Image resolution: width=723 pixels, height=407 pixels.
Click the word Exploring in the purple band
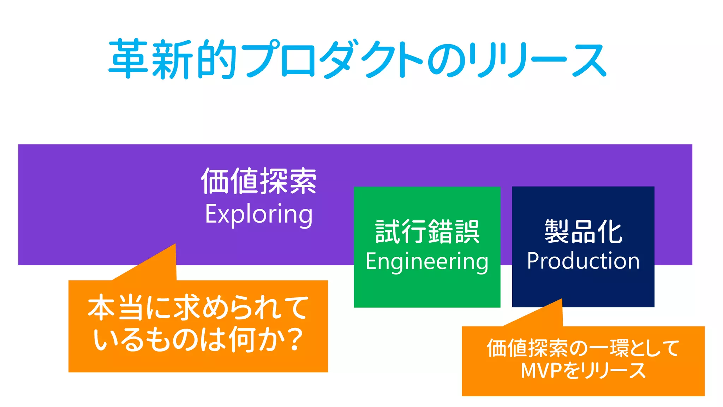(x=259, y=214)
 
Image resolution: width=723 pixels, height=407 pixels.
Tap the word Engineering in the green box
(x=427, y=262)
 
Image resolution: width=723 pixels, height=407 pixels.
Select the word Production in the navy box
(x=583, y=261)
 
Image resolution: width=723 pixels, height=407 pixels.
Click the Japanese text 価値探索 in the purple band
(x=259, y=181)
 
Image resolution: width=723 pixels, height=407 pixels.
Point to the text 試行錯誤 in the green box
(x=427, y=231)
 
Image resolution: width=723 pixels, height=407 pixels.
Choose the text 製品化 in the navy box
(x=583, y=231)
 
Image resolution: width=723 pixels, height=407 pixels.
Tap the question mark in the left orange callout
(x=293, y=340)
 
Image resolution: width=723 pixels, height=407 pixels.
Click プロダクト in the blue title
(x=332, y=59)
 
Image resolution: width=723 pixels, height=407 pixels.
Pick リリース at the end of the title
(x=537, y=59)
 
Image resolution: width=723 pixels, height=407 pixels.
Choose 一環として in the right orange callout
(x=632, y=348)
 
